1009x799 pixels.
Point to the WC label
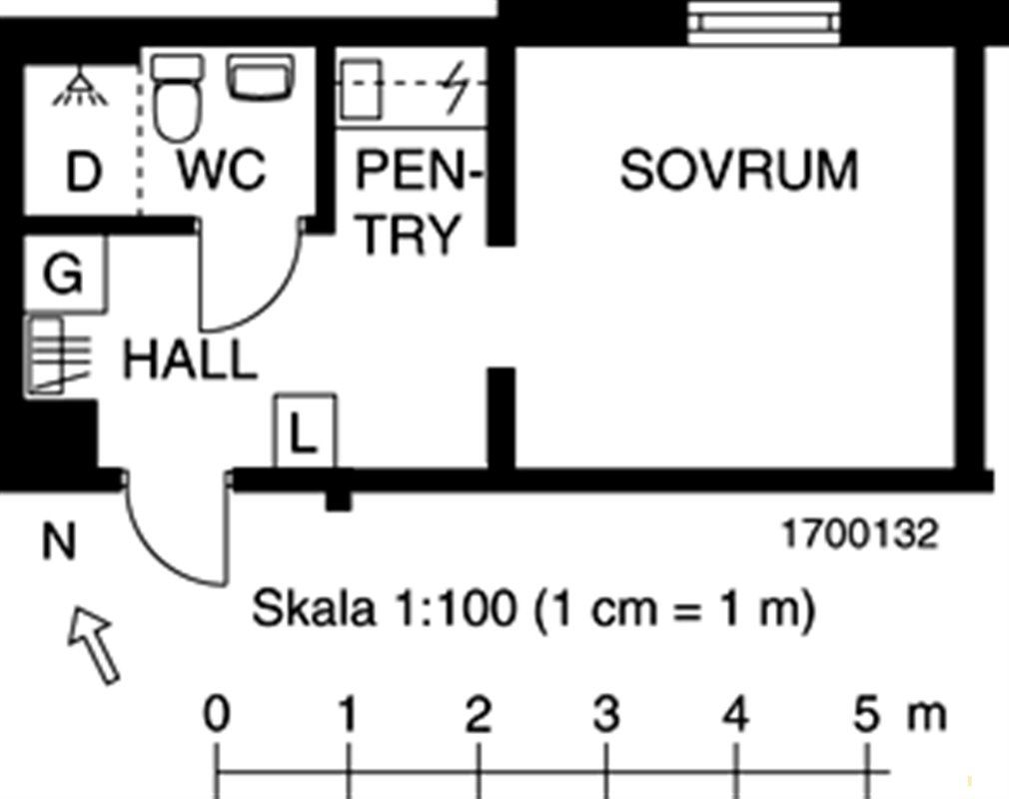coord(222,170)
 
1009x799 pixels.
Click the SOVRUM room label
coord(738,170)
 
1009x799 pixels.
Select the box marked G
coord(64,275)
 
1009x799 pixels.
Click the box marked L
coord(305,432)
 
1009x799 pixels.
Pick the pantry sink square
coord(363,88)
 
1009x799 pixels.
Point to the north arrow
coord(94,645)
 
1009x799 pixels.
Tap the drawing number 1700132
coord(859,534)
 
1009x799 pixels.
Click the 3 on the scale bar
coord(606,715)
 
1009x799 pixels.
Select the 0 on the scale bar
coord(217,715)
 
